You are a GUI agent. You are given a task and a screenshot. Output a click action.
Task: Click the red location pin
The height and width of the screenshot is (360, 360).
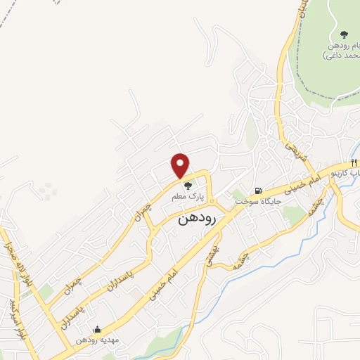point(181,165)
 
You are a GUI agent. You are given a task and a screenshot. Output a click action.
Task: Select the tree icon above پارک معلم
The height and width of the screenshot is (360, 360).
point(187,186)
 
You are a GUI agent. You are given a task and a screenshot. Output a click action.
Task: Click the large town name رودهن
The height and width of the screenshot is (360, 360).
point(199,219)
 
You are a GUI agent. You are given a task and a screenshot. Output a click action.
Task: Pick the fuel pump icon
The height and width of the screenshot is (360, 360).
point(259,190)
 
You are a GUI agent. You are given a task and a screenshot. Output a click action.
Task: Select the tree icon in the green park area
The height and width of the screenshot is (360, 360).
point(344,34)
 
